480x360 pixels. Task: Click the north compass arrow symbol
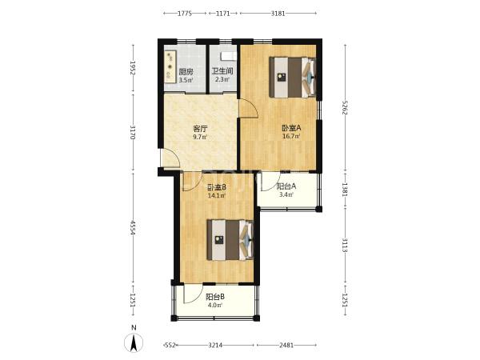(134, 342)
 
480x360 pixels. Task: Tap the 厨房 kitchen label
(186, 72)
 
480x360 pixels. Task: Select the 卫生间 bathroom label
(222, 71)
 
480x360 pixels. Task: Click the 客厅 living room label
(200, 129)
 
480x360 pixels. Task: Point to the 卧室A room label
(291, 128)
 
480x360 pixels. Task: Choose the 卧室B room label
(217, 187)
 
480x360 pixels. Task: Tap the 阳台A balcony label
(286, 186)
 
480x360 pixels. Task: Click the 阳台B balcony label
(215, 297)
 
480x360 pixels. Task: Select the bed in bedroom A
(292, 78)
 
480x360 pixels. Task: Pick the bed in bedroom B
(230, 240)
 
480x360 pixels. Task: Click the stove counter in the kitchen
(170, 66)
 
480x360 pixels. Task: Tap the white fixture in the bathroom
(229, 56)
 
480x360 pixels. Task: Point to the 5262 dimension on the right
(345, 107)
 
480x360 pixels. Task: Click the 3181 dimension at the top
(278, 13)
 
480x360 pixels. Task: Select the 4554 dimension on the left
(133, 228)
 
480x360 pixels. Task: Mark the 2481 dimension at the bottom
(286, 346)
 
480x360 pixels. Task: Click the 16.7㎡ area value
(291, 136)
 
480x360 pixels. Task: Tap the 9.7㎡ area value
(200, 137)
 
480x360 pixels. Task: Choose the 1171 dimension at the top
(223, 13)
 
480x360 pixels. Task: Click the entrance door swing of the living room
(170, 158)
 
